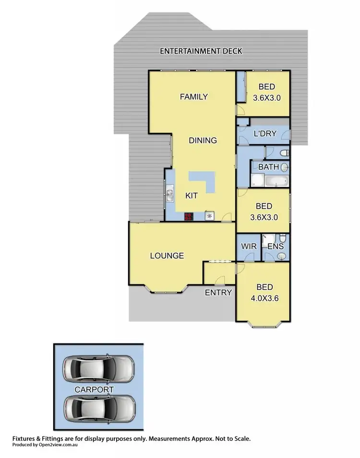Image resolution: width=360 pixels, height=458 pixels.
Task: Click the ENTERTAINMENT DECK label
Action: click(x=202, y=51)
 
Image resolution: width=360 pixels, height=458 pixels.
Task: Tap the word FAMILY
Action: click(x=193, y=97)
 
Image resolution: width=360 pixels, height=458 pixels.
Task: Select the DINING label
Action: click(x=203, y=141)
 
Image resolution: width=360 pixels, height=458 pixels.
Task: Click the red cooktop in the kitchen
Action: click(x=189, y=216)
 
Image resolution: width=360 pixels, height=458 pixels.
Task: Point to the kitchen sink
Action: click(x=170, y=194)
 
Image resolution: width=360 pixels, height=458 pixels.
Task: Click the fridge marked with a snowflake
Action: click(x=209, y=216)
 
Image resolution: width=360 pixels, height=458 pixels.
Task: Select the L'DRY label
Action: click(x=264, y=134)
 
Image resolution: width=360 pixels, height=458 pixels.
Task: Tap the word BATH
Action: click(x=268, y=167)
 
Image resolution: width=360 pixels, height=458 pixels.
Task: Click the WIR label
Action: click(x=249, y=247)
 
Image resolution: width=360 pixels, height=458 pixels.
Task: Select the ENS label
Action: click(x=275, y=247)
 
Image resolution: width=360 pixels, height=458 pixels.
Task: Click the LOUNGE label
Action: click(x=167, y=256)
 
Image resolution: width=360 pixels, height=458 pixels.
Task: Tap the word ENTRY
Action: click(x=218, y=293)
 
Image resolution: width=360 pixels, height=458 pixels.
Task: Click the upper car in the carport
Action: click(x=98, y=368)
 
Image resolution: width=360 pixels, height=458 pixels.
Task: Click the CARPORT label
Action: click(x=94, y=389)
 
